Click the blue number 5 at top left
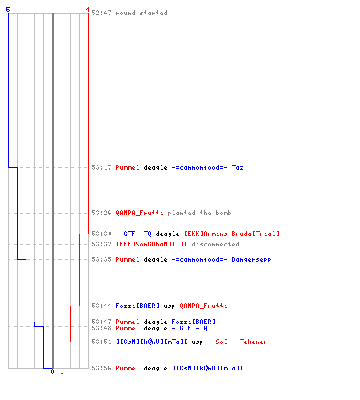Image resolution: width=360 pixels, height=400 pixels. tap(8, 10)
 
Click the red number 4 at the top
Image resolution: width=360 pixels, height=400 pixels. tap(88, 10)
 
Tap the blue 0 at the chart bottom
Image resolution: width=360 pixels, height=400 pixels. tap(52, 371)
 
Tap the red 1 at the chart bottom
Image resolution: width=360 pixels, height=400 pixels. tap(62, 371)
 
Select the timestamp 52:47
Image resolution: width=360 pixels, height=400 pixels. tap(102, 13)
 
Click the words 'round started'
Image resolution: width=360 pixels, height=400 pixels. tap(142, 13)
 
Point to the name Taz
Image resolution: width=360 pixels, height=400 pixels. tap(238, 167)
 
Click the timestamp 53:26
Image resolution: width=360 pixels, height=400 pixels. tap(102, 213)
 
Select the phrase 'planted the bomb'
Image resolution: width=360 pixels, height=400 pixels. tap(199, 213)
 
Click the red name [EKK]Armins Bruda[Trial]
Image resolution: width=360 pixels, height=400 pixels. tap(232, 234)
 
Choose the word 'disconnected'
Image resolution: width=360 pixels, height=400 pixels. tap(215, 244)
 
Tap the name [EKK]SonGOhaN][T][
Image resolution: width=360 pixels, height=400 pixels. tap(151, 244)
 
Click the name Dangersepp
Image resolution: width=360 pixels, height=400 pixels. tap(251, 259)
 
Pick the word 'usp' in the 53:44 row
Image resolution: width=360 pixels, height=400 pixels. tap(170, 306)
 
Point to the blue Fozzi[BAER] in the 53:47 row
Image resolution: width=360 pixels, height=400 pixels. tap(194, 322)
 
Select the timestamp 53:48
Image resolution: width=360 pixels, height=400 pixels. tap(102, 328)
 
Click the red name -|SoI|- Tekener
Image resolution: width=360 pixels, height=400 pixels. tap(238, 342)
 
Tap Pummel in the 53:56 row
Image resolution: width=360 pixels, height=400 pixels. tap(127, 368)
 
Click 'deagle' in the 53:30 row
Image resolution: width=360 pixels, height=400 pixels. tap(167, 234)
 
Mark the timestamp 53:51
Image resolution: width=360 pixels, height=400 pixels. tap(102, 342)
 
